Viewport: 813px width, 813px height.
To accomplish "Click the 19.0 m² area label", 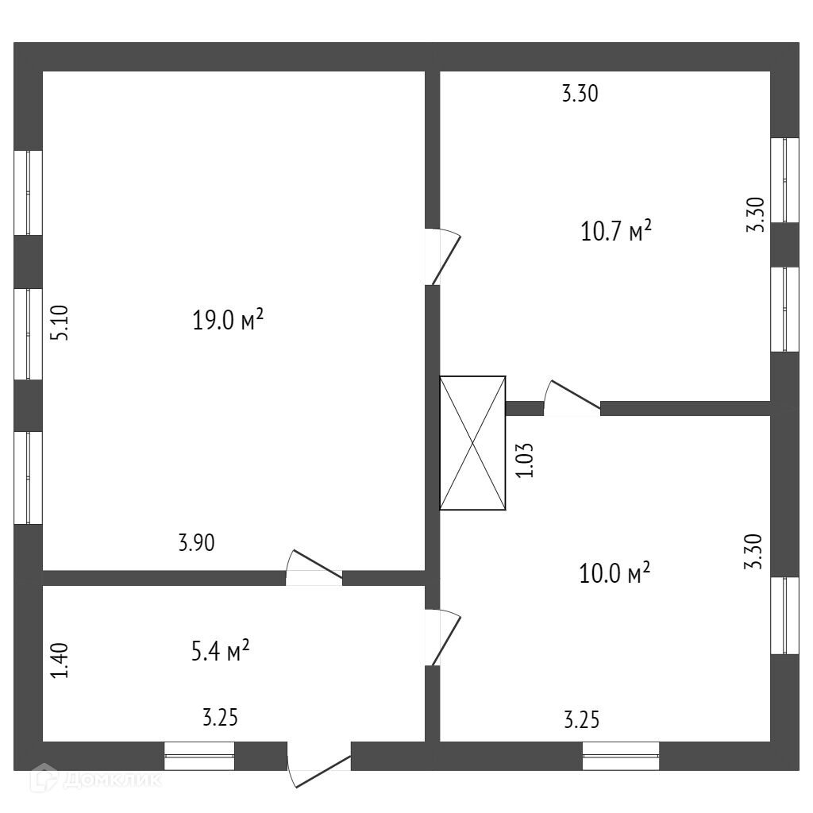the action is [x=227, y=321].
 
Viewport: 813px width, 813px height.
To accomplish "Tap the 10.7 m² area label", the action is [x=616, y=232].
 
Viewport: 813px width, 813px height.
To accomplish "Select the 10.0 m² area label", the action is [x=615, y=572].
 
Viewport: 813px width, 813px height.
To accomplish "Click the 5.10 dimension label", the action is [x=61, y=324].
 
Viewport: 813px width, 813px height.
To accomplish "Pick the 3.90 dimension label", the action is [x=196, y=543].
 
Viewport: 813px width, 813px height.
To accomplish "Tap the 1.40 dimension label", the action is [x=61, y=660].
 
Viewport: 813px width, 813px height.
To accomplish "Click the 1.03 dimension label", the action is [x=525, y=460].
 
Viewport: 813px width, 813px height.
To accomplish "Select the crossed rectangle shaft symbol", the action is [x=472, y=442].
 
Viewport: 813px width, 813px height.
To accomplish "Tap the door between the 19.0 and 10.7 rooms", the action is [x=441, y=256].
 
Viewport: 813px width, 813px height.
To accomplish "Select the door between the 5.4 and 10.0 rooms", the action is [x=441, y=637].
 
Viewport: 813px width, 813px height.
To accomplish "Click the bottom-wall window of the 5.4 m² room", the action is [x=199, y=756].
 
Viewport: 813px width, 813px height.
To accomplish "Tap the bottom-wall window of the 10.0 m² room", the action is [x=621, y=756].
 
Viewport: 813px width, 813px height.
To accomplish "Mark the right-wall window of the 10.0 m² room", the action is [x=785, y=615].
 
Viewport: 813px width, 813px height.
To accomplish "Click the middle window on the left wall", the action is [x=29, y=333].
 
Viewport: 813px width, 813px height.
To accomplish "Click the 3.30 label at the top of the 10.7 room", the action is [x=580, y=94].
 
